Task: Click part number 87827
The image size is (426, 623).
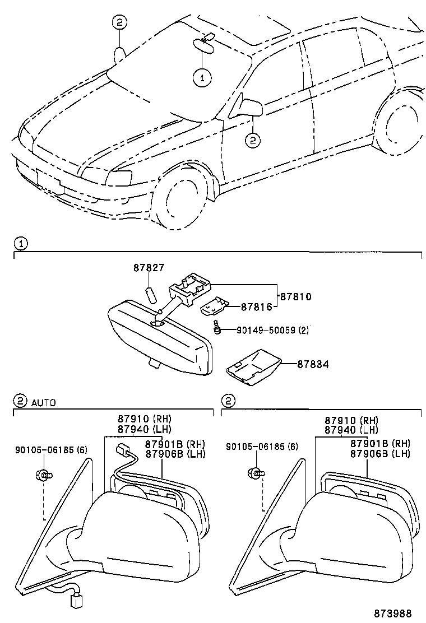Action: [x=149, y=268]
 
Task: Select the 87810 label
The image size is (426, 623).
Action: [x=296, y=296]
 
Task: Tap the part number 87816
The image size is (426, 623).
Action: [x=256, y=306]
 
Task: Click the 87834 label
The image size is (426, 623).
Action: [x=313, y=364]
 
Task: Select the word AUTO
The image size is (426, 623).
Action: [x=44, y=402]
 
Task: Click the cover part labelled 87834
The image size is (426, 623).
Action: [x=254, y=367]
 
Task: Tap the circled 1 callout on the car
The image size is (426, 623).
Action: [x=202, y=77]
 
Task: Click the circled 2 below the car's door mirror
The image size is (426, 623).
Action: [x=253, y=140]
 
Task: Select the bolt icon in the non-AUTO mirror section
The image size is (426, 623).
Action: [x=256, y=473]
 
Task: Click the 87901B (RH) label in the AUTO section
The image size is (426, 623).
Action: [x=175, y=444]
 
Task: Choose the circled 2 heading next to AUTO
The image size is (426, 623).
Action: [x=20, y=401]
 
